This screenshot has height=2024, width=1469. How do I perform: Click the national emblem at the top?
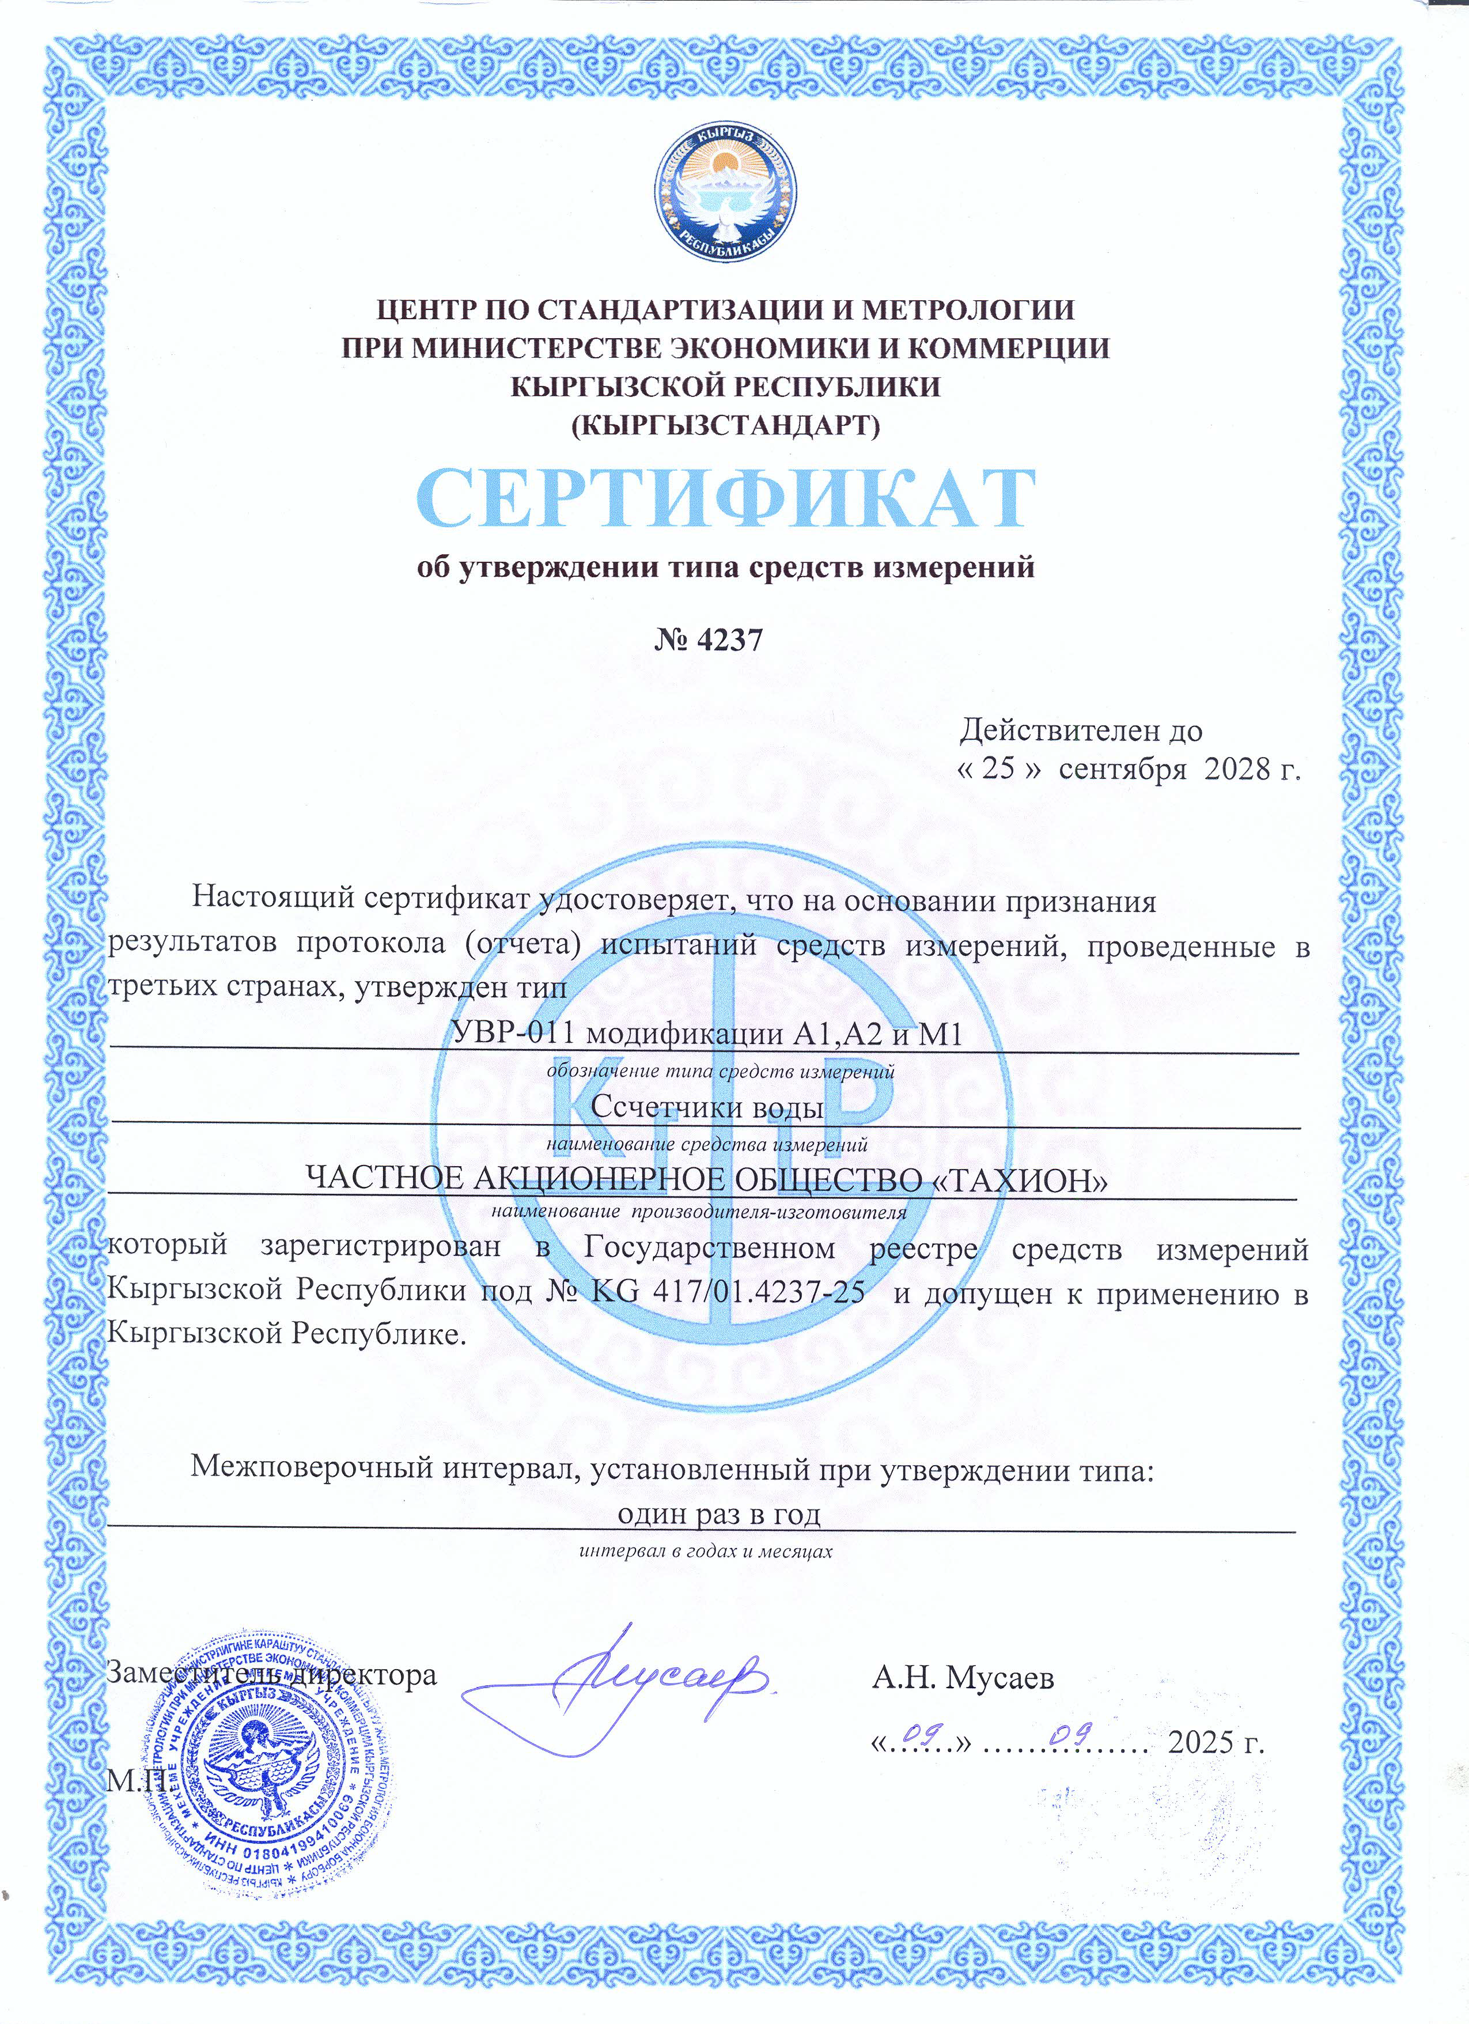pyautogui.click(x=725, y=193)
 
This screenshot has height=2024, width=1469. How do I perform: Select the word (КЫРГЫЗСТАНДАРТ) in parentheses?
pyautogui.click(x=725, y=425)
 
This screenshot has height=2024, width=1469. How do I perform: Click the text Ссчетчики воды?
pyautogui.click(x=707, y=1107)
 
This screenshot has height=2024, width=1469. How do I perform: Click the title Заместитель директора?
pyautogui.click(x=271, y=1674)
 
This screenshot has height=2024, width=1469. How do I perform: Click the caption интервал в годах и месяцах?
pyautogui.click(x=705, y=1551)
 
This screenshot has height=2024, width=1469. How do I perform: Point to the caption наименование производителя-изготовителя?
pyautogui.click(x=699, y=1212)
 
